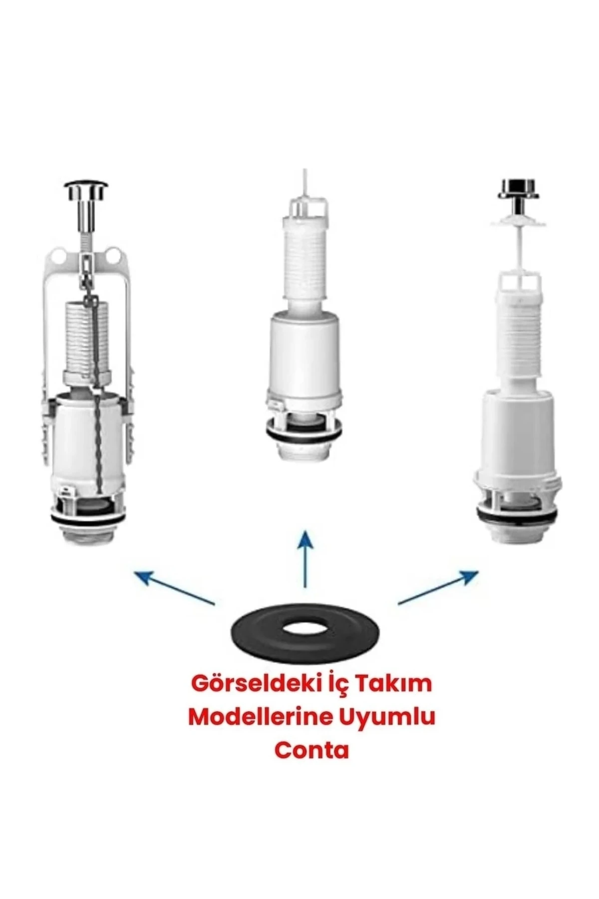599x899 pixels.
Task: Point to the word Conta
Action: pyautogui.click(x=311, y=750)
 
